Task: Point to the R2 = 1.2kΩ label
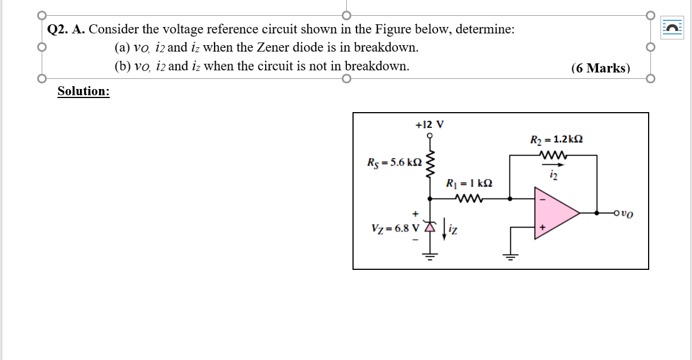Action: [555, 139]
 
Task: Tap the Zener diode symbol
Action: [431, 226]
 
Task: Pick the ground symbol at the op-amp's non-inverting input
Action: [510, 257]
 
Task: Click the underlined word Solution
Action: [83, 91]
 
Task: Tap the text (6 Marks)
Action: [600, 68]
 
